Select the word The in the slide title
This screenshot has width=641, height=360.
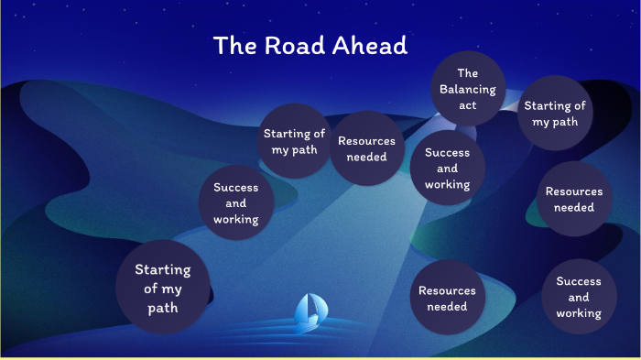pyautogui.click(x=234, y=46)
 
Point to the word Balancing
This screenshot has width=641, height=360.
pyautogui.click(x=467, y=90)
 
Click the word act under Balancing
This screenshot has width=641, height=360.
pyautogui.click(x=467, y=105)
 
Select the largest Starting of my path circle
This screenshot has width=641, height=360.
pyautogui.click(x=163, y=289)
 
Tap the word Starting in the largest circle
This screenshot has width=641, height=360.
pyautogui.click(x=163, y=270)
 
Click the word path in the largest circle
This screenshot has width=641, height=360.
pyautogui.click(x=163, y=308)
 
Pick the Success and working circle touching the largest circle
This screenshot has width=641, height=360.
pyautogui.click(x=236, y=203)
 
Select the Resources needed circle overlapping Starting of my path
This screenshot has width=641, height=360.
pyautogui.click(x=366, y=148)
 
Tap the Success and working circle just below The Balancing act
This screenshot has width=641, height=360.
pyautogui.click(x=447, y=169)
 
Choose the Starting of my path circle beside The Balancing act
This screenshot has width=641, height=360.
pyautogui.click(x=554, y=114)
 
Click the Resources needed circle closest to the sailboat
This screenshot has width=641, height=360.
pyautogui.click(x=447, y=298)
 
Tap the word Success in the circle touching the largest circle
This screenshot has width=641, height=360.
pyautogui.click(x=236, y=188)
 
